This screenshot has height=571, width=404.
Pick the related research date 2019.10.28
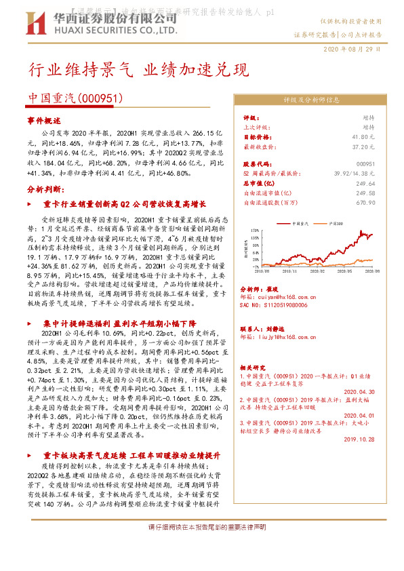click(x=359, y=439)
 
